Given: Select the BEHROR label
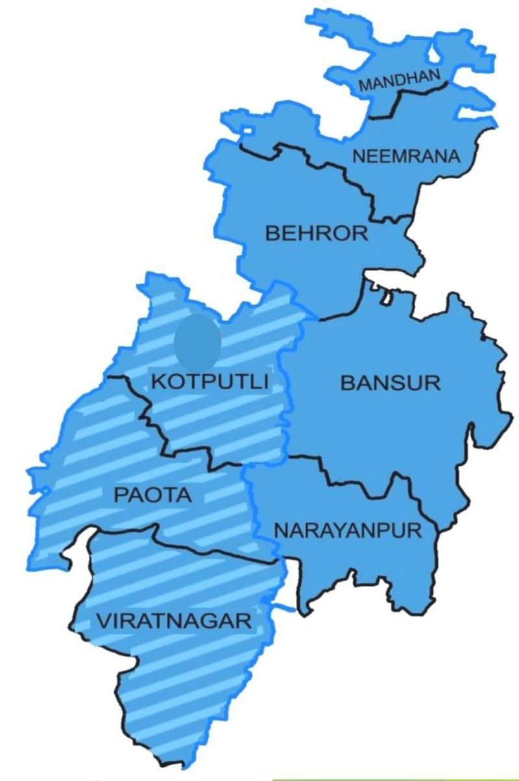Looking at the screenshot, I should tap(317, 234).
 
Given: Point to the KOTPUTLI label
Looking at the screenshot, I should tap(210, 381).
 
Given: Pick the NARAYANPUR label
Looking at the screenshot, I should tap(348, 530).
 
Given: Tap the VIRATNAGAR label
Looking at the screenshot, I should tap(173, 620).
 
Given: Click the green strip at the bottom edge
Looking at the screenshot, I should tap(396, 778).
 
